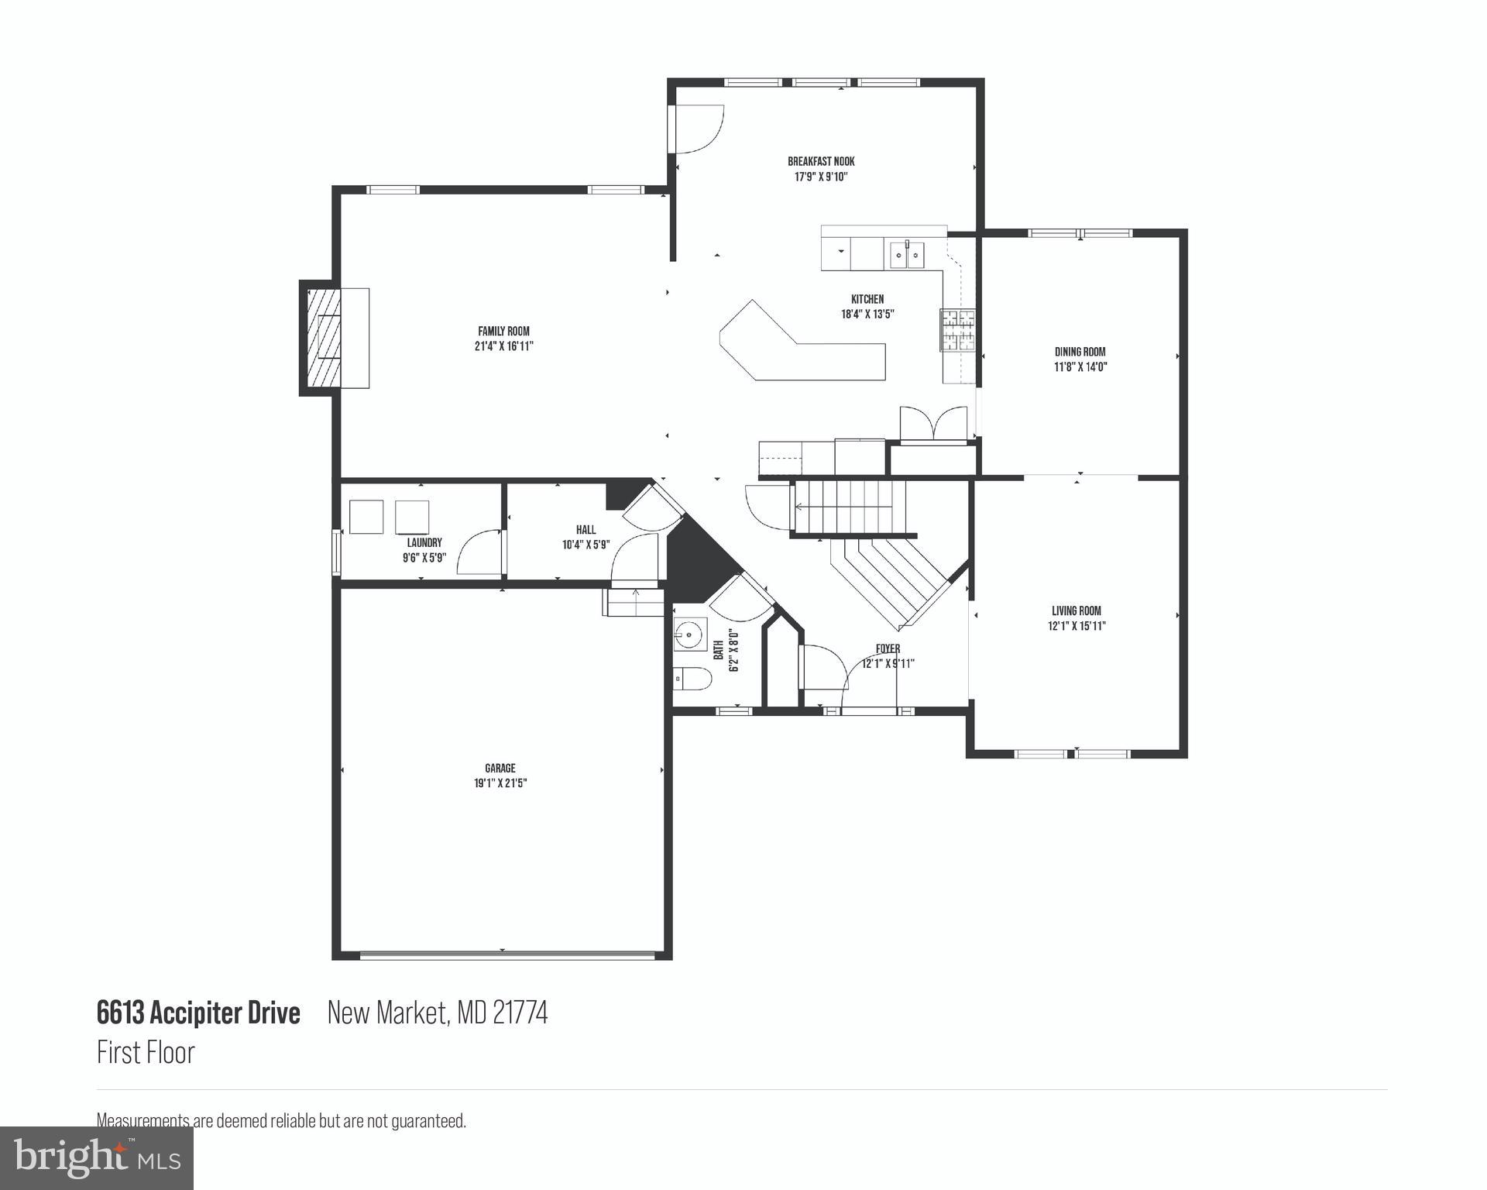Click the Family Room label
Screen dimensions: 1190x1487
click(x=503, y=332)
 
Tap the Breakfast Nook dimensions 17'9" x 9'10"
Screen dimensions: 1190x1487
click(x=821, y=177)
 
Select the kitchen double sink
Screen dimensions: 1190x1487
click(x=906, y=254)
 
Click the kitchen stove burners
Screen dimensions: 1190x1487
click(x=957, y=330)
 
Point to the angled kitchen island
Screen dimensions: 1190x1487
click(x=802, y=349)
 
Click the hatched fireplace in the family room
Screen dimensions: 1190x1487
click(x=325, y=338)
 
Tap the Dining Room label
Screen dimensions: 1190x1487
click(x=1080, y=352)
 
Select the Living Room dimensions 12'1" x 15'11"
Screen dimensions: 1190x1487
click(x=1077, y=626)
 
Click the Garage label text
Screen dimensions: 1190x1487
click(x=500, y=769)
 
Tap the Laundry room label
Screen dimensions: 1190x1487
click(x=424, y=543)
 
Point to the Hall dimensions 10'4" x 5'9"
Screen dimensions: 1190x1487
click(x=586, y=545)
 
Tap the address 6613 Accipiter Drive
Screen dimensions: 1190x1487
click(x=198, y=1013)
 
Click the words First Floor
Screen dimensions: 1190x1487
click(x=146, y=1052)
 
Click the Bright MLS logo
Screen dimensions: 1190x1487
click(x=97, y=1157)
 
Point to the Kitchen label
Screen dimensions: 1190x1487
click(x=867, y=299)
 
